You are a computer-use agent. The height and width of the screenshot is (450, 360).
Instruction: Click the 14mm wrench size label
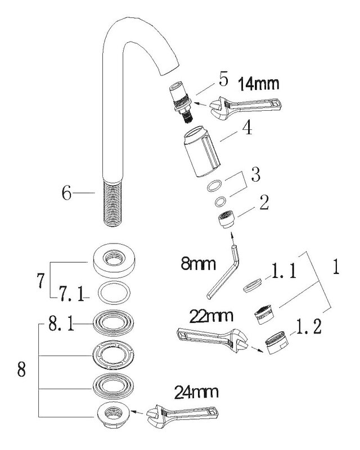(x=259, y=84)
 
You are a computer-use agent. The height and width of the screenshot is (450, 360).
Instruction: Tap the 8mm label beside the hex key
(x=198, y=263)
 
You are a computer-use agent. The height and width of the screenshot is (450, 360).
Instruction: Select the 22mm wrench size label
(x=211, y=316)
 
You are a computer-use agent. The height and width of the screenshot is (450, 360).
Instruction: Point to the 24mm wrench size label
(x=196, y=392)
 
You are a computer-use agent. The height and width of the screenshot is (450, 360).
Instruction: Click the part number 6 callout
(x=66, y=193)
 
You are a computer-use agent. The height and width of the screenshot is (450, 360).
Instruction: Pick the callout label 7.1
(x=71, y=293)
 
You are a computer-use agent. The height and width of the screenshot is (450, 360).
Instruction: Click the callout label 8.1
(x=61, y=325)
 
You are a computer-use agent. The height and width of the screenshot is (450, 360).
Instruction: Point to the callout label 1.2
(x=309, y=327)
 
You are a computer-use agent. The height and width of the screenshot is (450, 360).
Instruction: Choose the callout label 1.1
(x=284, y=271)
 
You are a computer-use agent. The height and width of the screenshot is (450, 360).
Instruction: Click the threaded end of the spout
(x=112, y=202)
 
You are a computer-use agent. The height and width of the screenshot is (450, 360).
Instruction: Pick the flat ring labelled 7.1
(x=114, y=293)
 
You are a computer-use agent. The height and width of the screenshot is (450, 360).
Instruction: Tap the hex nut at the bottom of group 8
(x=114, y=415)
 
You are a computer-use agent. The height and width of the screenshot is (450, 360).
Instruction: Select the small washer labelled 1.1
(x=253, y=285)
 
